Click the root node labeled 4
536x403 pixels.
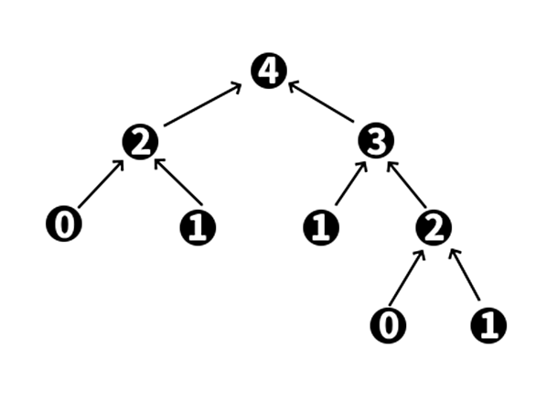click(269, 71)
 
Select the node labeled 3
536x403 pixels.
click(376, 141)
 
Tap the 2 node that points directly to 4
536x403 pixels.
click(141, 142)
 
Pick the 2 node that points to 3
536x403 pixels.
click(434, 228)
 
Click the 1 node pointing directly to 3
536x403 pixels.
click(321, 228)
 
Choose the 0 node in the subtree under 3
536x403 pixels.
click(389, 325)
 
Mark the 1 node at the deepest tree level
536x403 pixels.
click(488, 325)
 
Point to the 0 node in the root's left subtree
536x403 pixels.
click(64, 223)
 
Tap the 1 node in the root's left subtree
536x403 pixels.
click(198, 228)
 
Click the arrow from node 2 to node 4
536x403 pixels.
click(203, 104)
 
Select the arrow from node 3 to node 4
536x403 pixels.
click(321, 102)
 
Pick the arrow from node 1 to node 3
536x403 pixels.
click(351, 183)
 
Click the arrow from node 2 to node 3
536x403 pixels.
click(407, 184)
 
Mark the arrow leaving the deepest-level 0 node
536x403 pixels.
click(407, 278)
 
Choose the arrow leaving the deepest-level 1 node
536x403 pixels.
click(465, 275)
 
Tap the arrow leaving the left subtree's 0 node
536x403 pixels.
click(101, 184)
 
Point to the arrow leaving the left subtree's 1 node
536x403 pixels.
click(178, 182)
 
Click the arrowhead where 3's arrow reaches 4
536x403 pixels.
click(293, 85)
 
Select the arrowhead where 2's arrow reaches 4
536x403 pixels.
click(237, 86)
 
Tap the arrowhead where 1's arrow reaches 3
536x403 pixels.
click(364, 166)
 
